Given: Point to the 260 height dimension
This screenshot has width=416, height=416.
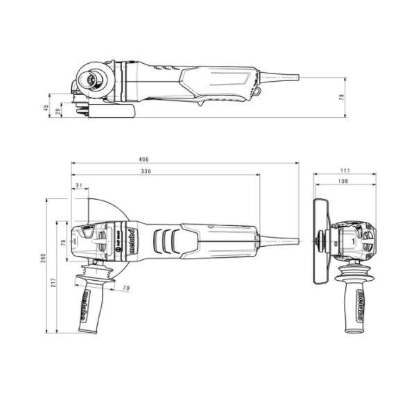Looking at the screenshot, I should click(x=43, y=258).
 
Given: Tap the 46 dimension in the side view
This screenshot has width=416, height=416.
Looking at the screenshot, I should click(x=46, y=107).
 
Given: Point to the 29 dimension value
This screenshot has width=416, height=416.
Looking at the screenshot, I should click(x=58, y=111).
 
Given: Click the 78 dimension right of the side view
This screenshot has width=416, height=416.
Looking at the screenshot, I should click(x=341, y=97).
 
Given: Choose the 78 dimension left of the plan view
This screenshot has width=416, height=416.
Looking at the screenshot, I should click(x=63, y=242).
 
